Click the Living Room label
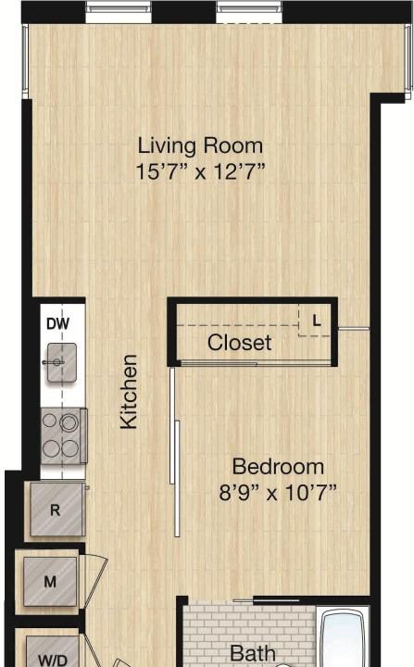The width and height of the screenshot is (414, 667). pos(200,146)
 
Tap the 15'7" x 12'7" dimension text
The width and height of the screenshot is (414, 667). pos(200,172)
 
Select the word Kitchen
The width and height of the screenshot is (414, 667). pos(129,391)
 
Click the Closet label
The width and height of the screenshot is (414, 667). pos(240,343)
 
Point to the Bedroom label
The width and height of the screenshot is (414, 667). pos(278,467)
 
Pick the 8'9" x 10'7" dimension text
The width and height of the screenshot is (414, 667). pos(278,493)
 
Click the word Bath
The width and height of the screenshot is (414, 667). pos(253,653)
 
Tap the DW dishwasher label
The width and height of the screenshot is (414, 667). pos(57,323)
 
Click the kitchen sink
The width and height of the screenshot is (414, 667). pos(62,362)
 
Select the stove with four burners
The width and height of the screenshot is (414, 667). pos(64,435)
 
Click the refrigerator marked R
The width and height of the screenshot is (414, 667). pos(57,510)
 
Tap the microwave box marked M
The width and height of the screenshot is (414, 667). pos(50,581)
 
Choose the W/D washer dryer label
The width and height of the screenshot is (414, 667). pos(53,661)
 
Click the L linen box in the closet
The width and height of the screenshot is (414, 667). pos(315,321)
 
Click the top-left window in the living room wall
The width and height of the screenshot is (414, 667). pos(119,13)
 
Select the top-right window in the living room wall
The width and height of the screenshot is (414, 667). pos(249,13)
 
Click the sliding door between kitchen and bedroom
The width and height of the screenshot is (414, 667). pos(174,452)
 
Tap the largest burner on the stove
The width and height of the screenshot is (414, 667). pos(69,422)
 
